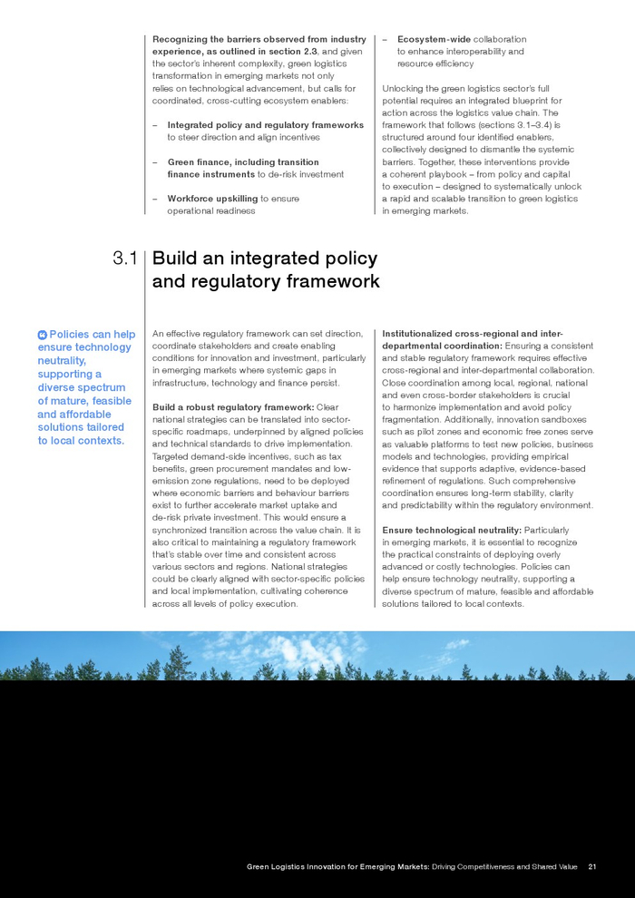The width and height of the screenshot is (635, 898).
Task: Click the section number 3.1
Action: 125,259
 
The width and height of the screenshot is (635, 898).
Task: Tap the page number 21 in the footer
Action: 592,866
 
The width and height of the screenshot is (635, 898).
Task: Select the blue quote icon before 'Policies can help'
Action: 42,335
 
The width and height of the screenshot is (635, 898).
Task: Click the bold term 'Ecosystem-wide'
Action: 433,39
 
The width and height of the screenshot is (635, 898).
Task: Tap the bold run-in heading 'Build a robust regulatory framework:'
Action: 233,407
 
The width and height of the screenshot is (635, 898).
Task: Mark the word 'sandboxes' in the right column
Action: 567,420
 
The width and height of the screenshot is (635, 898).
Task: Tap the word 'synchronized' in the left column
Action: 181,530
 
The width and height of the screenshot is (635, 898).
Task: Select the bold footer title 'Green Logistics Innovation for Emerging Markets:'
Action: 338,866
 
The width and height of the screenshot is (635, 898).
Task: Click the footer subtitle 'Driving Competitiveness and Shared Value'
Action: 504,866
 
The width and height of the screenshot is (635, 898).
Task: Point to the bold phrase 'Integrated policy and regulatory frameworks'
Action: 265,125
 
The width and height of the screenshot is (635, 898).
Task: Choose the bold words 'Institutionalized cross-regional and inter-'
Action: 473,334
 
